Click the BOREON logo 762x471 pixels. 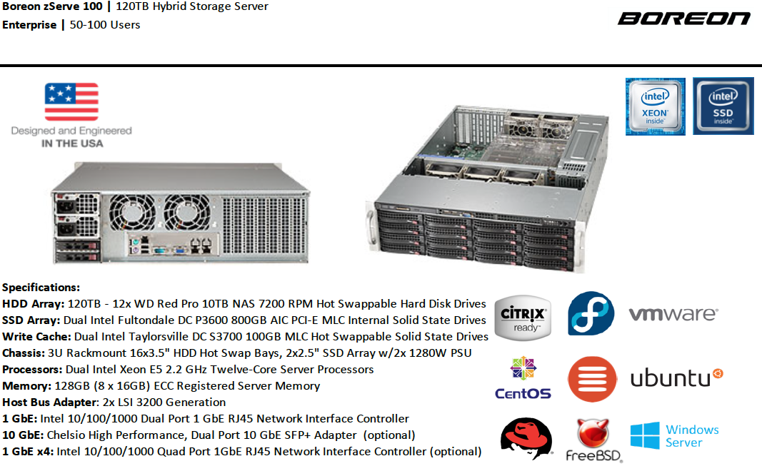[x=684, y=19]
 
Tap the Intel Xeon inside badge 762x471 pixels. [x=655, y=106]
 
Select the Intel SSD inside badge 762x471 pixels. [x=723, y=106]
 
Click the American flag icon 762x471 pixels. [x=71, y=101]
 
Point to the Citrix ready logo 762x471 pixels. [x=523, y=318]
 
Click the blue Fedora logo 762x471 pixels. [x=591, y=313]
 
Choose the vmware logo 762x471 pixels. [x=673, y=314]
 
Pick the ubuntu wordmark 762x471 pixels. [x=676, y=378]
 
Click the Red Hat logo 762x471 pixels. [x=526, y=438]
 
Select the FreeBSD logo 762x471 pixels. [x=594, y=440]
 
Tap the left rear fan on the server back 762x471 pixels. [x=132, y=212]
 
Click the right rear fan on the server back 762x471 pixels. [x=186, y=212]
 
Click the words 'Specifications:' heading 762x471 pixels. [x=41, y=288]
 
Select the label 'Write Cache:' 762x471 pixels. [x=37, y=337]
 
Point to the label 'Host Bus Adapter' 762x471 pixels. [x=49, y=402]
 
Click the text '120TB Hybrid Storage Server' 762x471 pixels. [x=192, y=7]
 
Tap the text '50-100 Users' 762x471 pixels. [x=105, y=25]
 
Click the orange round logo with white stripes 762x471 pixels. [x=592, y=379]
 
